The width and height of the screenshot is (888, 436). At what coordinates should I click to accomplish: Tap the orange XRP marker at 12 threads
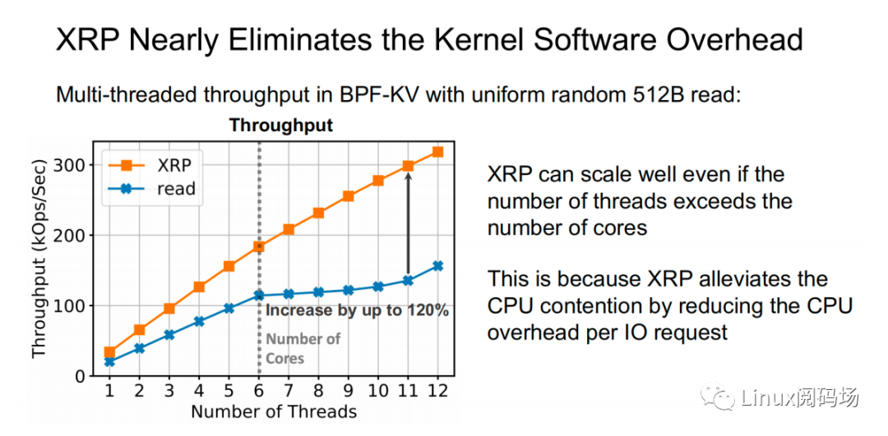(437, 152)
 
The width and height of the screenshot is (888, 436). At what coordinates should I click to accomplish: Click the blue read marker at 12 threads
(437, 266)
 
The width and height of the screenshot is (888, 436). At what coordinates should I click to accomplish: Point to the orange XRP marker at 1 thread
(110, 352)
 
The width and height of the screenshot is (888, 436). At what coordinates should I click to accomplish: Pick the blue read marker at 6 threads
(259, 295)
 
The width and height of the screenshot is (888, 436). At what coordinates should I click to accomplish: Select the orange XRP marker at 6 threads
(259, 246)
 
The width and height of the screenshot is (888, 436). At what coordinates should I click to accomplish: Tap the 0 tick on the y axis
(81, 376)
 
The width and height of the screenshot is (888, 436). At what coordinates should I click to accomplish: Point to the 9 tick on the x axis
(348, 391)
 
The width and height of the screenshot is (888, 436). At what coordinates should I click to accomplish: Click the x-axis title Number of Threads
(274, 411)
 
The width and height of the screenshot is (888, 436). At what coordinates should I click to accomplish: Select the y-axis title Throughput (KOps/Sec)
(39, 258)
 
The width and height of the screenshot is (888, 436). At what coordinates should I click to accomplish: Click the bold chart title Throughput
(280, 126)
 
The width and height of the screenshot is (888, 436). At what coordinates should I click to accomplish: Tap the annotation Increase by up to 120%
(357, 312)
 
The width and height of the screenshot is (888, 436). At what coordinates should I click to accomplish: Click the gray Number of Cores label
(303, 348)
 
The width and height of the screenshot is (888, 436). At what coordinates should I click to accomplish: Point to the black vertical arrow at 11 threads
(408, 222)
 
